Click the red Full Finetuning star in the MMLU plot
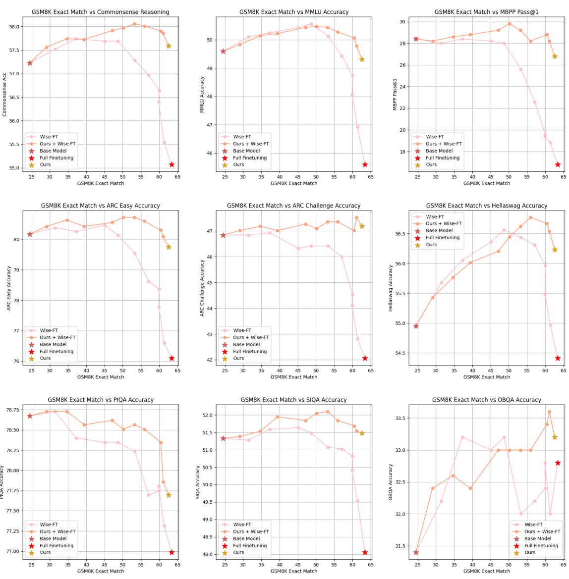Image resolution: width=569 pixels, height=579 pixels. coord(365,164)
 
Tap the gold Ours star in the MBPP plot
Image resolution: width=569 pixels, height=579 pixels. coord(555,56)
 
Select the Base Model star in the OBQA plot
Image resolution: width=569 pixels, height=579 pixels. coord(416,552)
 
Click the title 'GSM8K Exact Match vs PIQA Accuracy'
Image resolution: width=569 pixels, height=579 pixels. coord(101,400)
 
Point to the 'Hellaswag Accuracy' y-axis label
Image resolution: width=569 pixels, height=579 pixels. coord(391,288)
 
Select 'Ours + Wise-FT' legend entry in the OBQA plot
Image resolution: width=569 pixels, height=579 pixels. coord(542,531)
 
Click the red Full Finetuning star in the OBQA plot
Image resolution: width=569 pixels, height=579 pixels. coord(558,463)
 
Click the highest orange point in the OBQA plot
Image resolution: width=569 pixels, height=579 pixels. coord(549,412)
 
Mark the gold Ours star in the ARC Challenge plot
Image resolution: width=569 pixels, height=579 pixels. coord(362,226)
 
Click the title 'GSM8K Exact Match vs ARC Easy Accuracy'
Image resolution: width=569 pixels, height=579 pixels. coord(101,206)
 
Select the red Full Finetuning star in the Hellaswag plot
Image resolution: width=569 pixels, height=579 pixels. coord(558,358)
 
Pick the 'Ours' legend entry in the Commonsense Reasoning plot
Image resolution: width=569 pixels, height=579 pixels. coord(45,164)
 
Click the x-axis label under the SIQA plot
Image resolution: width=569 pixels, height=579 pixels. coord(293,571)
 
